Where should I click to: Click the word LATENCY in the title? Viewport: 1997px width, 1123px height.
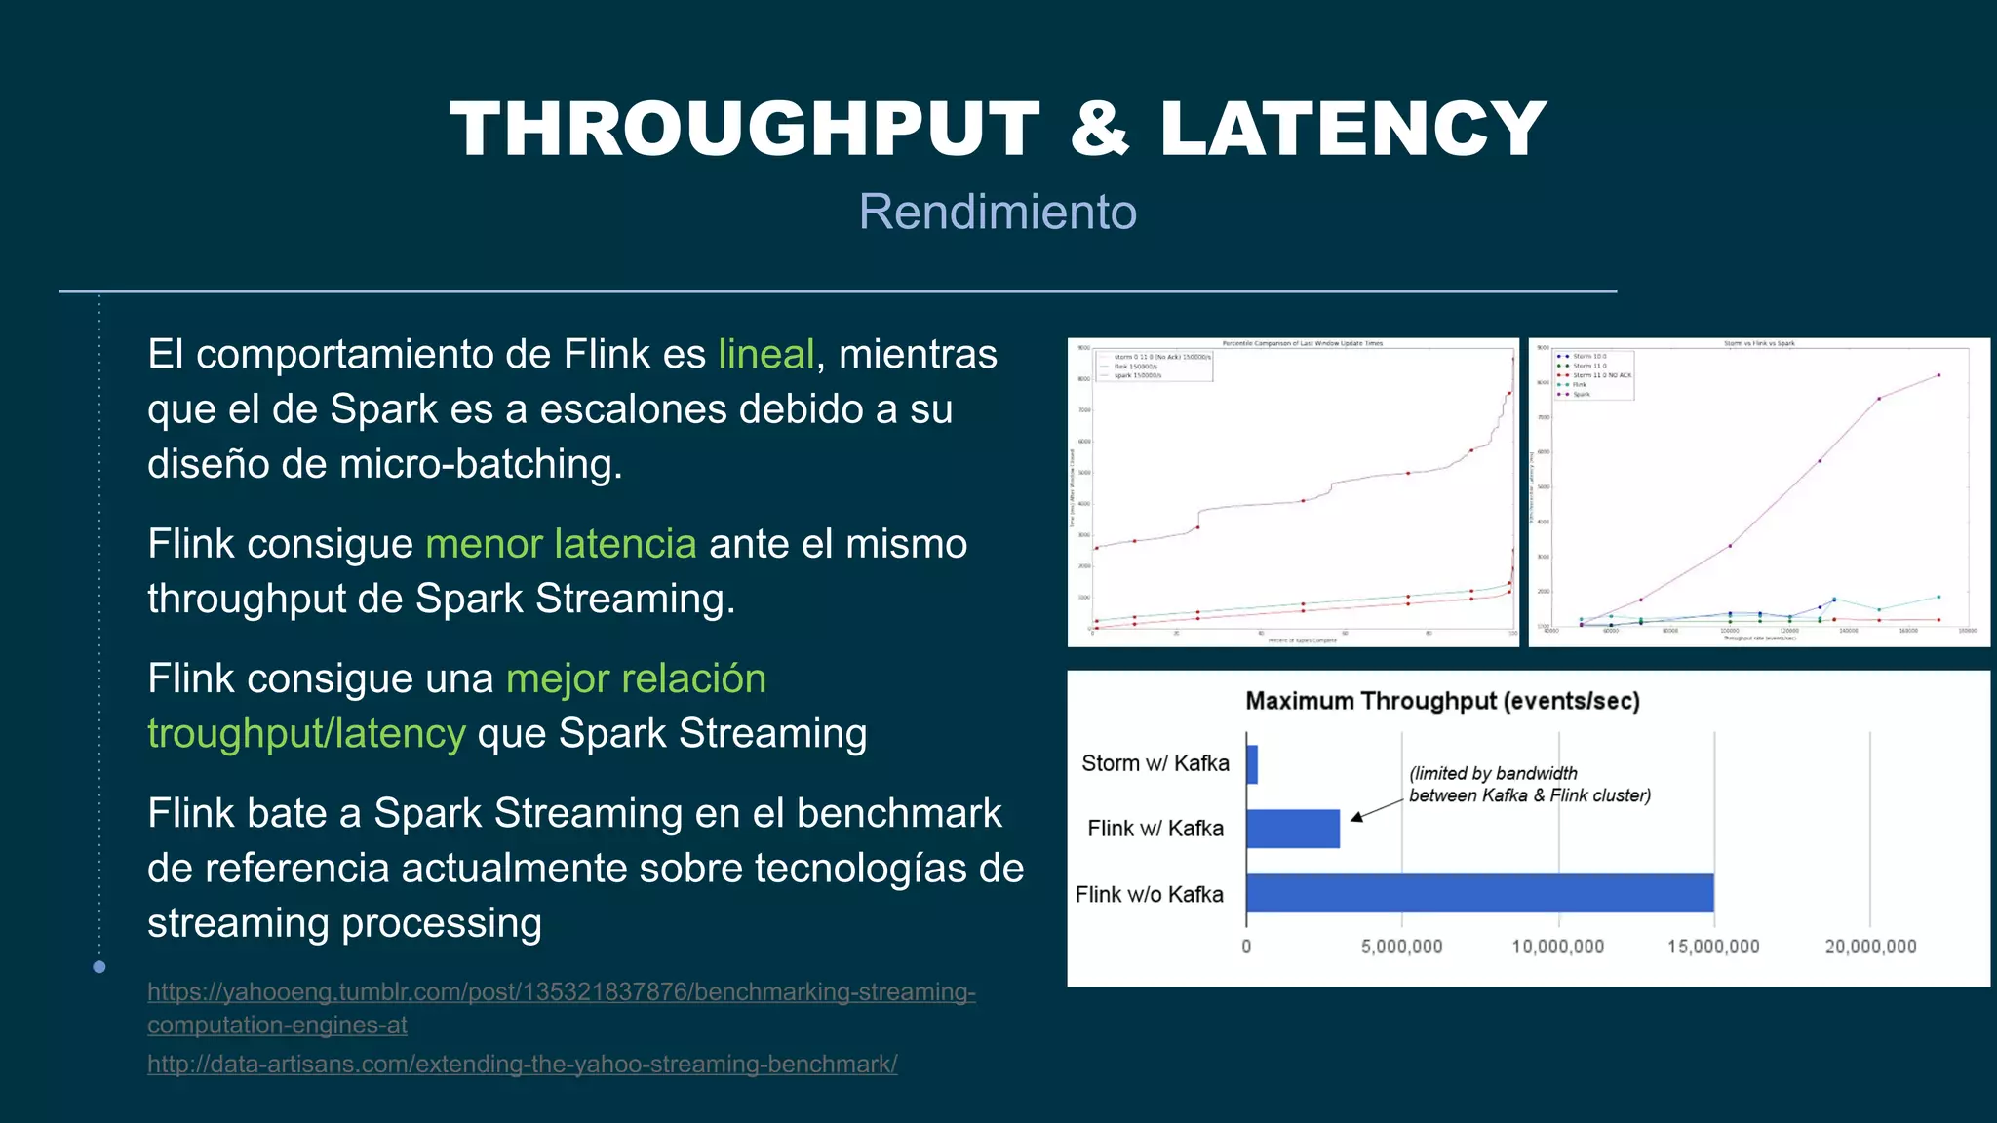click(1352, 129)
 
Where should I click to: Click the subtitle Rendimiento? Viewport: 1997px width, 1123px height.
click(998, 212)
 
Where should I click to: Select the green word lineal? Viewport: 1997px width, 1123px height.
click(765, 354)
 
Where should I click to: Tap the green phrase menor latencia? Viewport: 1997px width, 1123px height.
click(561, 544)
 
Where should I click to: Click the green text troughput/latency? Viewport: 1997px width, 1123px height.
click(306, 733)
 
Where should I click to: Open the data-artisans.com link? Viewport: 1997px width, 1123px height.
click(522, 1064)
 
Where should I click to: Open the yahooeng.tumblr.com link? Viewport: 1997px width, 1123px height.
click(561, 992)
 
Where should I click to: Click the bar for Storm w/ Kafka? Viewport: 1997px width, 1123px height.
click(1252, 764)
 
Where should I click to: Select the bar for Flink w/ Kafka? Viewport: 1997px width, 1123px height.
click(1293, 829)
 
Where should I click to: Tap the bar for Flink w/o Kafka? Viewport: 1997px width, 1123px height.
click(1479, 893)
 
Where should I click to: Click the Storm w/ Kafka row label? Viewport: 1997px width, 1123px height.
click(1155, 763)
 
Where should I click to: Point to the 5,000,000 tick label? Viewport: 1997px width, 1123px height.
click(1401, 947)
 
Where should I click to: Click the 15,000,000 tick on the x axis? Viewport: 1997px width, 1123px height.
click(1713, 947)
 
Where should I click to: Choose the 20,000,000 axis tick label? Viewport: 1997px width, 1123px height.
click(1870, 947)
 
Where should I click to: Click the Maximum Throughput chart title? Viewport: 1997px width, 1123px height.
click(1442, 701)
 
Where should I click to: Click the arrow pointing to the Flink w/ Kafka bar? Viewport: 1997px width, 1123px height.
click(1376, 810)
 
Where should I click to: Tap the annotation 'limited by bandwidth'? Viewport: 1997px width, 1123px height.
click(1493, 773)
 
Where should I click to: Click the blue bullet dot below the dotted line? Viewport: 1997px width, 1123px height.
click(99, 967)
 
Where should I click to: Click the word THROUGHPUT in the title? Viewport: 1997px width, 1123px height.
click(745, 129)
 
